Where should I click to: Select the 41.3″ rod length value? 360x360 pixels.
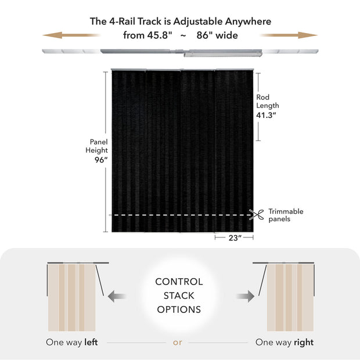(x=267, y=115)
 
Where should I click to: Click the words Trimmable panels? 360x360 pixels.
(x=286, y=215)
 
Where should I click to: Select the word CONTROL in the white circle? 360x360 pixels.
(x=179, y=282)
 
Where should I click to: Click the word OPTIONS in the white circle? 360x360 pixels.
(x=179, y=309)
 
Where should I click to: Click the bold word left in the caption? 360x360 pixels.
(x=91, y=342)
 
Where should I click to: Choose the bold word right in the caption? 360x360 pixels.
(x=303, y=342)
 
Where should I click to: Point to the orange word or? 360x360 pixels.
(x=178, y=342)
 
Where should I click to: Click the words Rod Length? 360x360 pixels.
(x=267, y=102)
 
